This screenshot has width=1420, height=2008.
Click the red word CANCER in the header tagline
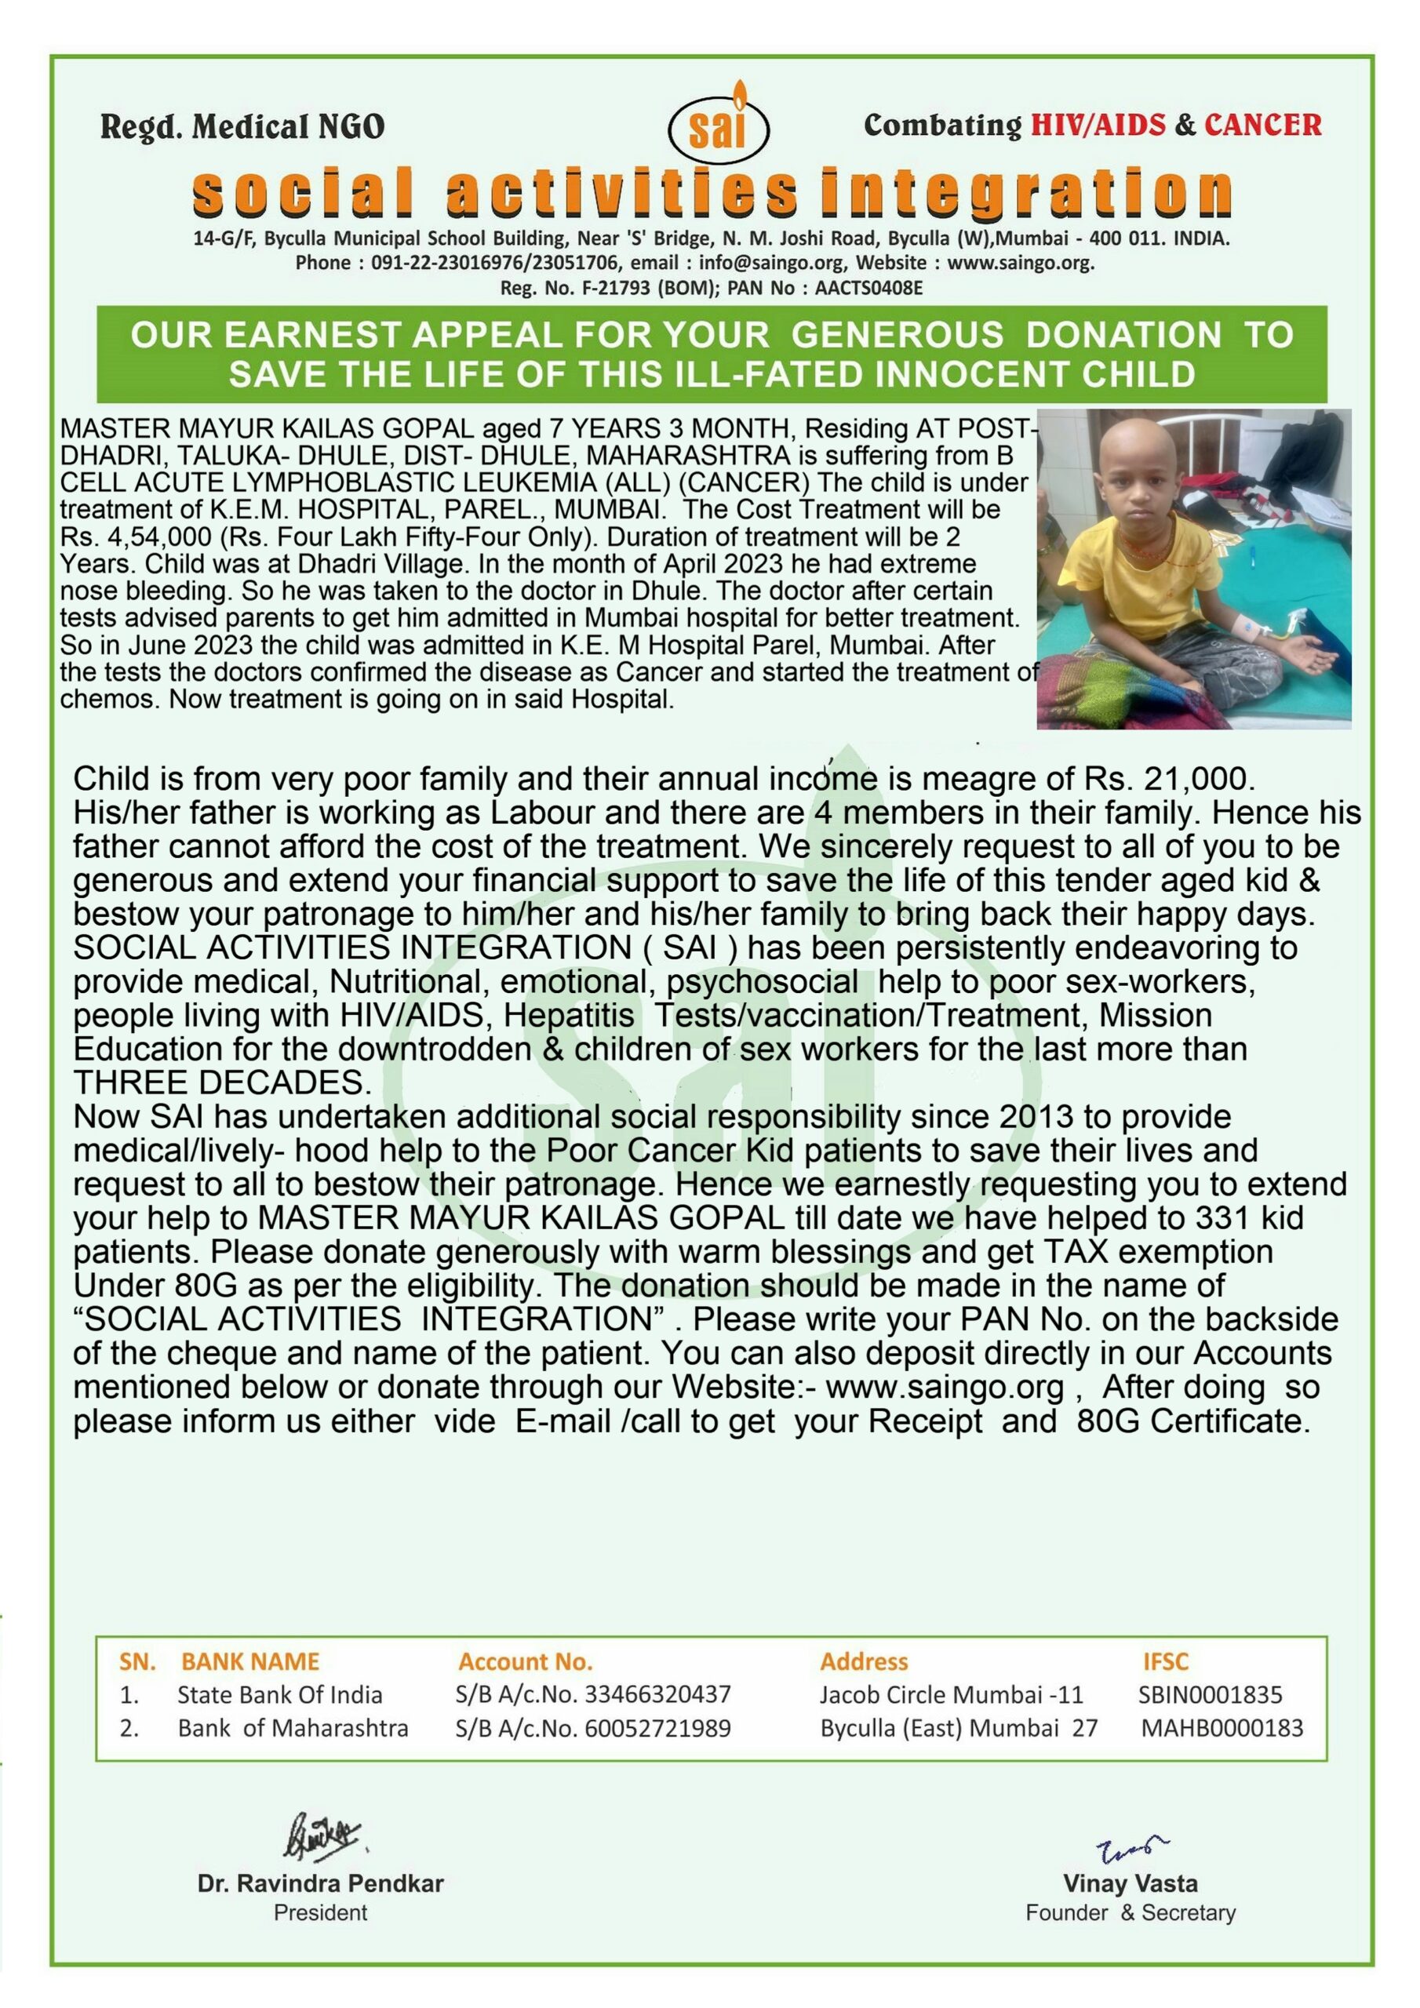point(1262,125)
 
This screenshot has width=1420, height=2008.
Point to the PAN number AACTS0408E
point(868,289)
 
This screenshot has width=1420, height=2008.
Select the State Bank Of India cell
point(280,1695)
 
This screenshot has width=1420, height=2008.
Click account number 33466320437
point(657,1695)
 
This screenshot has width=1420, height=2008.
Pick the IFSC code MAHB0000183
point(1222,1728)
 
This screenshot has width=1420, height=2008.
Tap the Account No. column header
point(525,1661)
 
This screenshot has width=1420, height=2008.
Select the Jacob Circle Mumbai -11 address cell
point(951,1695)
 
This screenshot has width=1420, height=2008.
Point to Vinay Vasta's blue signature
point(1131,1848)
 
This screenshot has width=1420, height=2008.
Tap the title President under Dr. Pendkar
point(320,1912)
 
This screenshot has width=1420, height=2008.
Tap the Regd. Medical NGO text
point(243,128)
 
